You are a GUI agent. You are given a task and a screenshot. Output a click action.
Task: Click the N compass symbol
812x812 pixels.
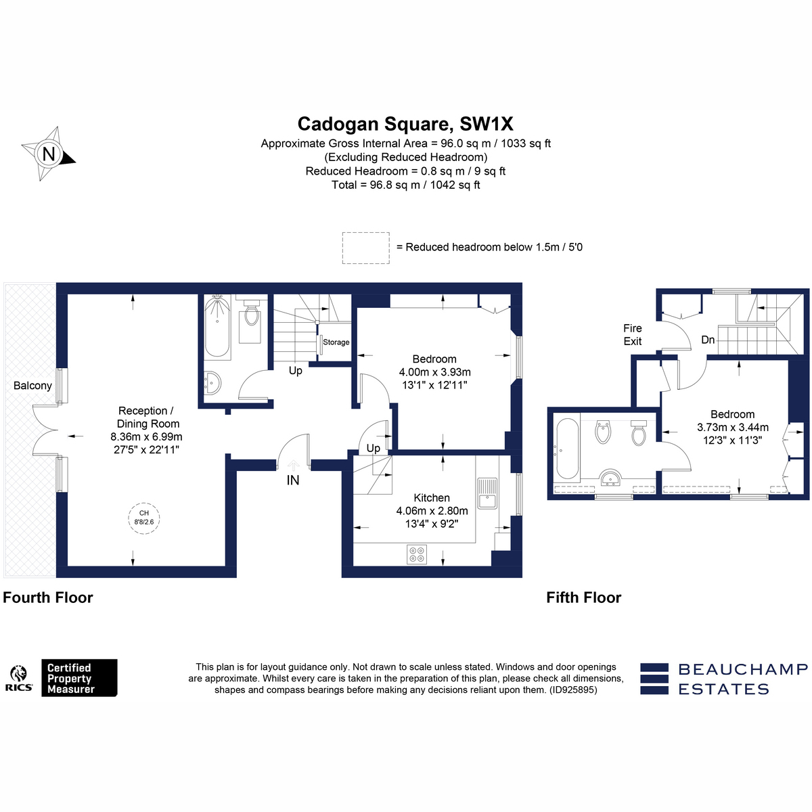(49, 154)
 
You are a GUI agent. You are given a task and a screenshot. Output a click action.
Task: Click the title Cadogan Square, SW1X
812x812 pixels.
(405, 124)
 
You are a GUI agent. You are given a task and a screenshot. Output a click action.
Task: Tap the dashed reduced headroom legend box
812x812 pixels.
(366, 248)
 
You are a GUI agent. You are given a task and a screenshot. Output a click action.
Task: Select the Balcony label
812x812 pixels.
(32, 386)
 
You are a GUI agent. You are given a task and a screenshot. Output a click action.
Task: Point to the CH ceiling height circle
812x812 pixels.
(144, 518)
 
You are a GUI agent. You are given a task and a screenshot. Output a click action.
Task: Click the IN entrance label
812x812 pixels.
(293, 480)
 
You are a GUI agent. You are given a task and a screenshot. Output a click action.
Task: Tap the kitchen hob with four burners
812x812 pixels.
(417, 555)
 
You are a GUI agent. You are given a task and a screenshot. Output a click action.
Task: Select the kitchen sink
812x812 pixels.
(487, 493)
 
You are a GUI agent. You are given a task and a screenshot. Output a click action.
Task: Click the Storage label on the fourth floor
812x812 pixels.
(336, 342)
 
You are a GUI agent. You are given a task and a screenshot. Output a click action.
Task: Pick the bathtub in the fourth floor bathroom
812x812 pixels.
(217, 327)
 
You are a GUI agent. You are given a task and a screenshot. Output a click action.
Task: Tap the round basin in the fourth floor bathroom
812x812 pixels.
(212, 383)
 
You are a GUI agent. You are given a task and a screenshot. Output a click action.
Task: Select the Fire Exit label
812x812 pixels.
(633, 334)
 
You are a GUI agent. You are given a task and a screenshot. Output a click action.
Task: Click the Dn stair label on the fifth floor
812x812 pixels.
(708, 340)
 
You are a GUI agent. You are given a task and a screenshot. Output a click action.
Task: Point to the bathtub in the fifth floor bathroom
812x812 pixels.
(568, 448)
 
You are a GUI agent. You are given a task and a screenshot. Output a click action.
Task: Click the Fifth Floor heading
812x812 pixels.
(583, 597)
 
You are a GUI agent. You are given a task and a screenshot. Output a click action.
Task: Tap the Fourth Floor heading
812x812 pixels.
(47, 597)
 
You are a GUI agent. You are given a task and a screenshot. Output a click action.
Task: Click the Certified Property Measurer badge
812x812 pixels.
(79, 678)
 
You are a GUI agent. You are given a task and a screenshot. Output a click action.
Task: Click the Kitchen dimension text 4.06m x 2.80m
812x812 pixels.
(432, 511)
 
